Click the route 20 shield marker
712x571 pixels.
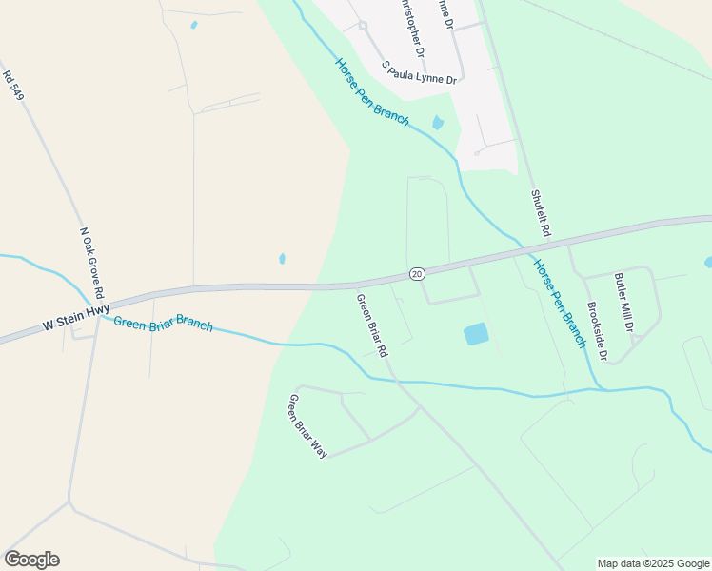pyautogui.click(x=417, y=274)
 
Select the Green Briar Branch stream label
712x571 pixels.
pyautogui.click(x=163, y=323)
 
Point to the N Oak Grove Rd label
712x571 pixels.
pyautogui.click(x=92, y=263)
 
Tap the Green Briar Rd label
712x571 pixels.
pyautogui.click(x=371, y=325)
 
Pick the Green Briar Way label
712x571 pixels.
pyautogui.click(x=307, y=425)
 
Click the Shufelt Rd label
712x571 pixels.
pyautogui.click(x=541, y=211)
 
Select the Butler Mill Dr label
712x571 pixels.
pyautogui.click(x=623, y=302)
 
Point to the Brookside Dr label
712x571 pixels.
pyautogui.click(x=597, y=330)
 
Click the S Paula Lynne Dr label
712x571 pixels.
pyautogui.click(x=420, y=73)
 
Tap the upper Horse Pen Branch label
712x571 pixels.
pyautogui.click(x=371, y=91)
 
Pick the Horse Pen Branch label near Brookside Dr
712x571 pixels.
pyautogui.click(x=559, y=303)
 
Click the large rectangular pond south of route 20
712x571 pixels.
pyautogui.click(x=475, y=334)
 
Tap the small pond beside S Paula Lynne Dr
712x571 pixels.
pyautogui.click(x=438, y=122)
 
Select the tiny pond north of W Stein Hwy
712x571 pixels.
pyautogui.click(x=282, y=258)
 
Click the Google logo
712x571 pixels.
pyautogui.click(x=31, y=560)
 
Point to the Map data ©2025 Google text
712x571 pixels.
pyautogui.click(x=653, y=563)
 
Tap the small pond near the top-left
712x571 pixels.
pyautogui.click(x=194, y=25)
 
